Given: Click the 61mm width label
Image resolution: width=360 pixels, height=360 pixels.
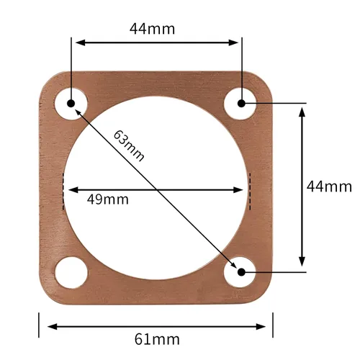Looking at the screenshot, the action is [x=157, y=339].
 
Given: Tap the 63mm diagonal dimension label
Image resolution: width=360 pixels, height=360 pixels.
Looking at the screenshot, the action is [x=129, y=145].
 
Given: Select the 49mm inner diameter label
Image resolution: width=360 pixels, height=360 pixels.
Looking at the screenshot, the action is [x=108, y=199].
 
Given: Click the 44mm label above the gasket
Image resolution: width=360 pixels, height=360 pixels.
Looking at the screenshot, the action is [x=152, y=29].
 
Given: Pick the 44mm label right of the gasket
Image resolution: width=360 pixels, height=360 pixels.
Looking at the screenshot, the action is [x=329, y=186].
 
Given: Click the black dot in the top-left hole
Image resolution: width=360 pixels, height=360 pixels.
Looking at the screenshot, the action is [x=71, y=104].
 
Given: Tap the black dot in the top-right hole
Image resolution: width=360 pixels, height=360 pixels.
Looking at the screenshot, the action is [x=241, y=104].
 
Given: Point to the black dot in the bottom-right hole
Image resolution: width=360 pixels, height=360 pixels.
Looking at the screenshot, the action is [x=241, y=272].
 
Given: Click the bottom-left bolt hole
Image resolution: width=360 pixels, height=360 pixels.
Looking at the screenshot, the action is [x=71, y=273].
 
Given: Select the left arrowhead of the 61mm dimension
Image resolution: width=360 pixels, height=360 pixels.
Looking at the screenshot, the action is [x=53, y=327].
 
